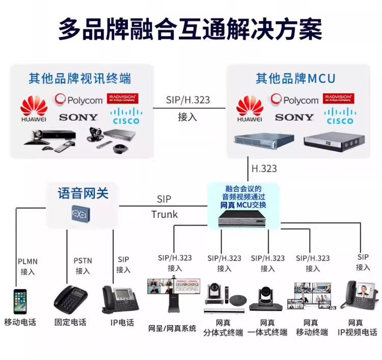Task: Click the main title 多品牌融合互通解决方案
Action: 190,29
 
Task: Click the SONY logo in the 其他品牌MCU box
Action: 294,117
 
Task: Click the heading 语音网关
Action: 83,193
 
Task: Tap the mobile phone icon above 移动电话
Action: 20,301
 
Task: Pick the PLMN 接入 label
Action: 28,266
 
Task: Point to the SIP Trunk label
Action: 164,206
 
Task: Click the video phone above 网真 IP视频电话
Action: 360,296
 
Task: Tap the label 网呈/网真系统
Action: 172,328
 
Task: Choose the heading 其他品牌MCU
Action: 295,78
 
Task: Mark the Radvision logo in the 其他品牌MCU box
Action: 339,98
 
